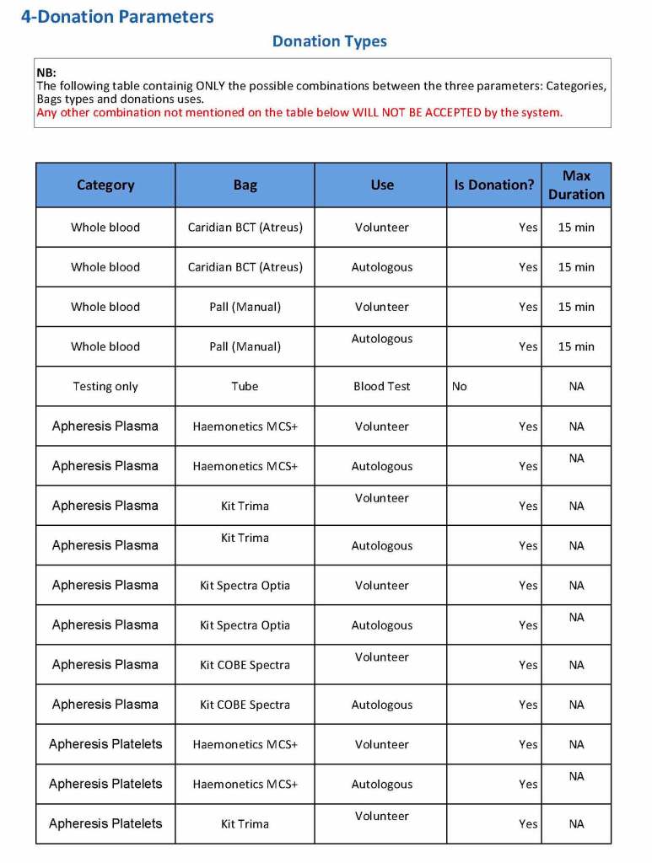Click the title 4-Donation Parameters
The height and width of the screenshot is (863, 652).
tap(117, 17)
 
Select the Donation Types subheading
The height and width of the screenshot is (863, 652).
tap(329, 41)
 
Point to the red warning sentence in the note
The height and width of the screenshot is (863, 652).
tap(299, 112)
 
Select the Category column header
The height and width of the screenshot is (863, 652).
tap(105, 185)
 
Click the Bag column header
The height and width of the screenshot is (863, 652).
tap(245, 185)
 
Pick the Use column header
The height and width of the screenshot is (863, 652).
tap(382, 185)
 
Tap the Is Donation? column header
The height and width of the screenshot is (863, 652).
tap(493, 185)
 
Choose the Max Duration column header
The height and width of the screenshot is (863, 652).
tap(576, 185)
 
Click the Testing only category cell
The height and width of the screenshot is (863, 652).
tap(105, 387)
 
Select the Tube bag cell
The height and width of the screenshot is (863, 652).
tap(245, 387)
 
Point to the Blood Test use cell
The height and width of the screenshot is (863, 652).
tap(382, 387)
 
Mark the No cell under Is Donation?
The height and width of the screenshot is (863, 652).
tap(459, 387)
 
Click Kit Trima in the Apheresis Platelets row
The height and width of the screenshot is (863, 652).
tap(245, 824)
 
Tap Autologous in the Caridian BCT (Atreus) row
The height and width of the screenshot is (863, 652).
tap(382, 267)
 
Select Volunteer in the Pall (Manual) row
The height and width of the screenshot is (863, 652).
tap(382, 307)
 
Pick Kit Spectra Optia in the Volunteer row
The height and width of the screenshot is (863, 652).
tap(245, 586)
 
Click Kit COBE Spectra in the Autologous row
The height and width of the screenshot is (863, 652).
tap(245, 705)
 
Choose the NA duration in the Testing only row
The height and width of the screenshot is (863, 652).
tap(576, 387)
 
